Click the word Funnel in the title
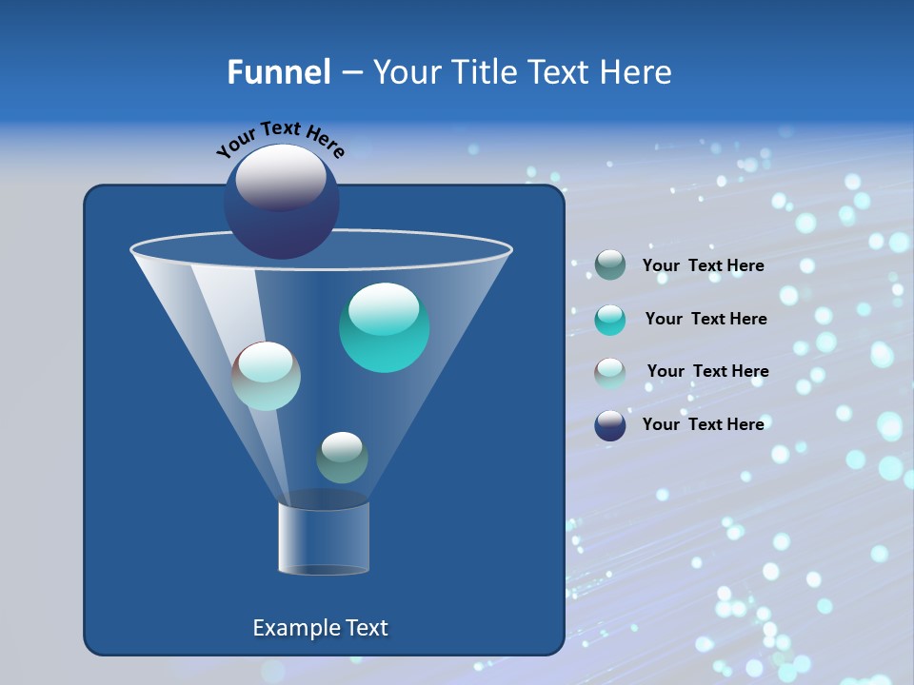pyautogui.click(x=278, y=72)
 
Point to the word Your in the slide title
pyautogui.click(x=407, y=72)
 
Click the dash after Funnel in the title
pyautogui.click(x=351, y=73)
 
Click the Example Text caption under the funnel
pyautogui.click(x=320, y=628)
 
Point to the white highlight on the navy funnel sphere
pyautogui.click(x=281, y=177)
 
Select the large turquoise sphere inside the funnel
pyautogui.click(x=384, y=327)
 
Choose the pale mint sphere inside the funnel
pyautogui.click(x=267, y=376)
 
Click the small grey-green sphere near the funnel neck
pyautogui.click(x=342, y=458)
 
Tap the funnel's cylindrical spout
pyautogui.click(x=324, y=538)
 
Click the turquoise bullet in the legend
pyautogui.click(x=610, y=320)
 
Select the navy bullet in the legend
pyautogui.click(x=610, y=425)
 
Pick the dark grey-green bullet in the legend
pyautogui.click(x=610, y=265)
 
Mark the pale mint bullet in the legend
pyautogui.click(x=610, y=373)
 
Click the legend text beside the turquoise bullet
pyautogui.click(x=705, y=319)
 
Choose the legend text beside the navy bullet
pyautogui.click(x=703, y=424)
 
